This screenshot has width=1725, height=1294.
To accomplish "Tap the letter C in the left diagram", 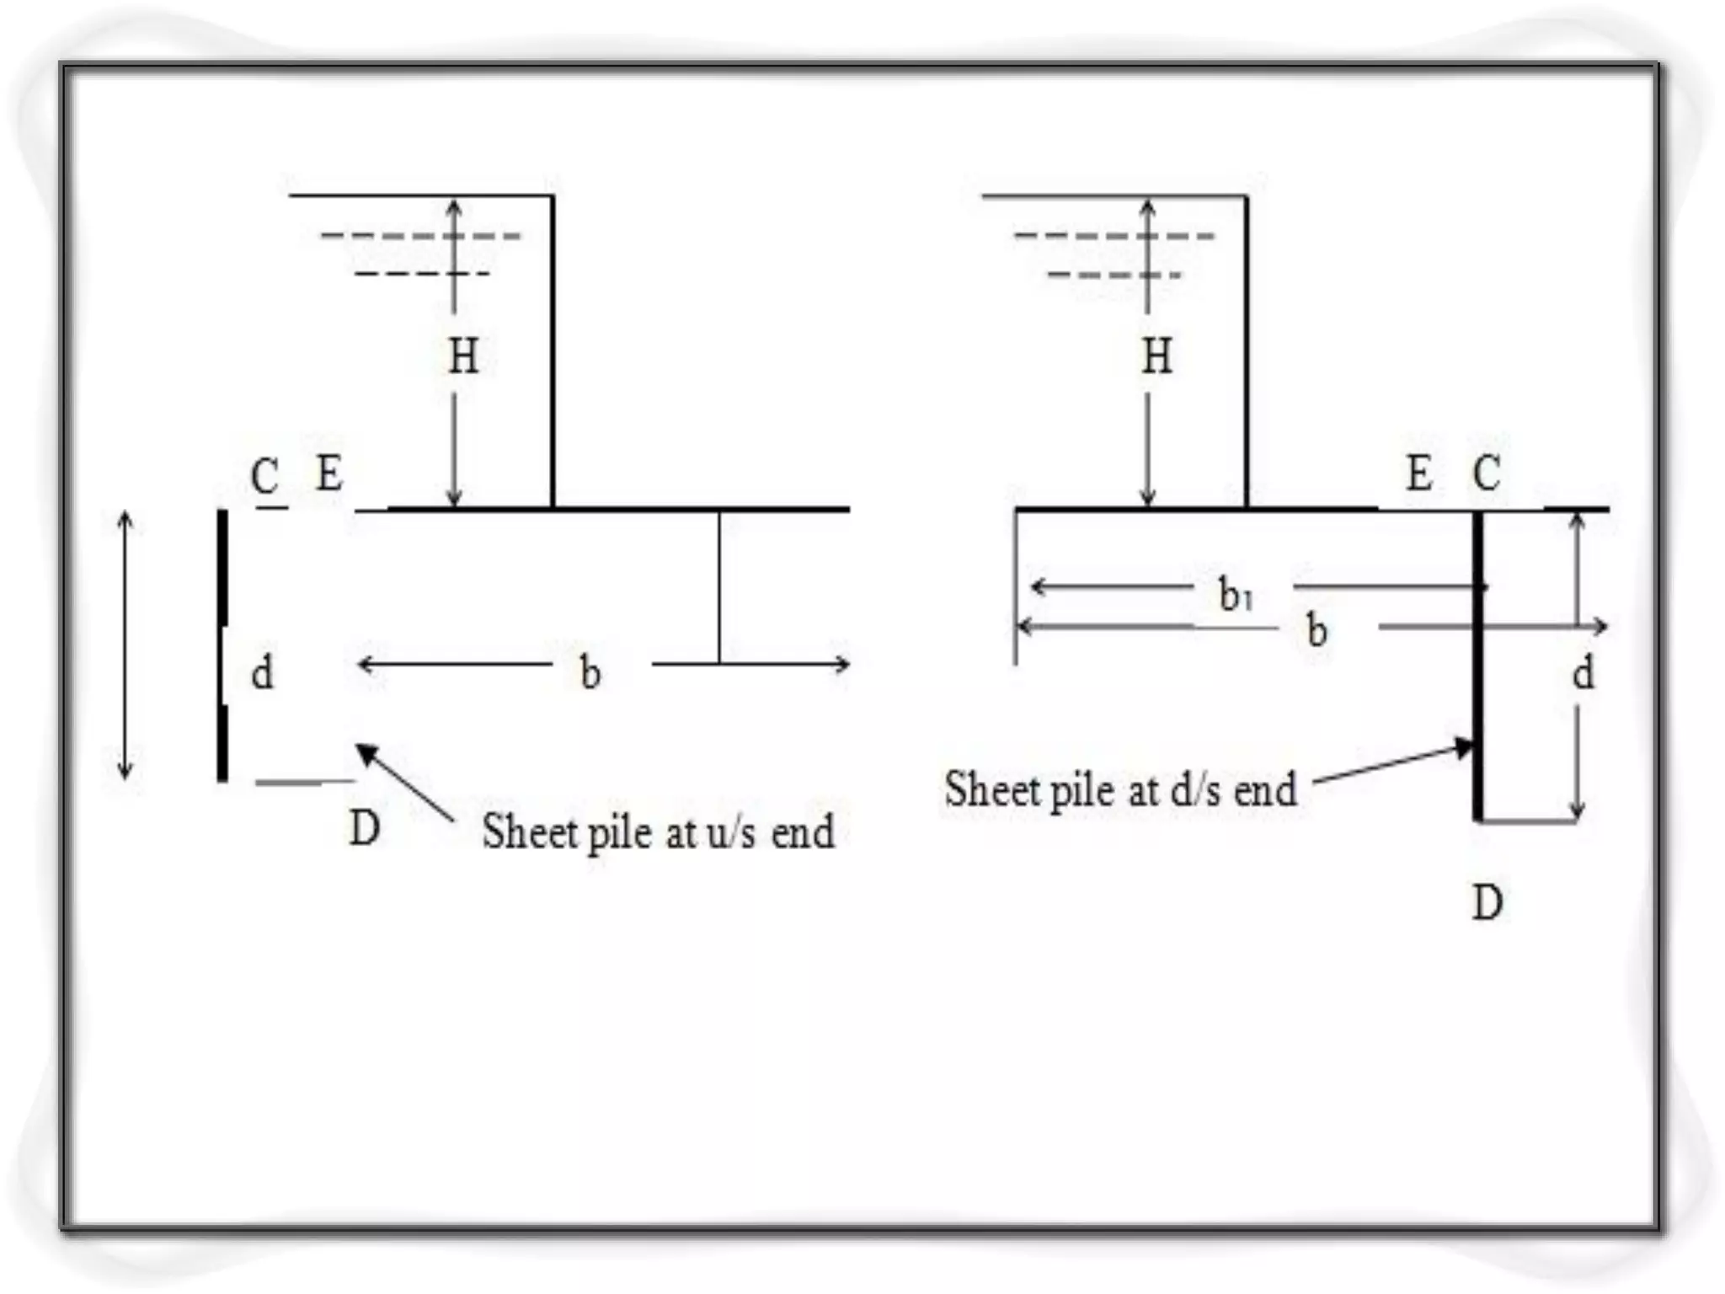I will tap(264, 476).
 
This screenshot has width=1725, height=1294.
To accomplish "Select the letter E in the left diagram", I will tap(329, 473).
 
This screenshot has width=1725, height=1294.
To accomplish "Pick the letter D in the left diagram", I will tap(364, 828).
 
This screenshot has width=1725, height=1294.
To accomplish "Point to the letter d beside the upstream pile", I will tap(262, 672).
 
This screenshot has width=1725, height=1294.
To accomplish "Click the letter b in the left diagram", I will tap(590, 672).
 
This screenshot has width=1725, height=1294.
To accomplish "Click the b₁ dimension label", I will tap(1236, 595).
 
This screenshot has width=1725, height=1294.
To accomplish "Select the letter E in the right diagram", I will tap(1419, 473).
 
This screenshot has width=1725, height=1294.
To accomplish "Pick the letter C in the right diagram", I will tap(1486, 473).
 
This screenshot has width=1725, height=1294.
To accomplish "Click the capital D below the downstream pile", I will tap(1487, 903).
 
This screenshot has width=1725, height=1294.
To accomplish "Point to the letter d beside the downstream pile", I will tap(1583, 672).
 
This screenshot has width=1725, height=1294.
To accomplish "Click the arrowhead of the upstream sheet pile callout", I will tap(365, 752).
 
